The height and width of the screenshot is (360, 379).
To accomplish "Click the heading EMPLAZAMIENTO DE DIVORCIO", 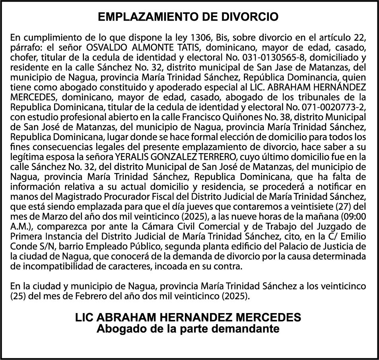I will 188,17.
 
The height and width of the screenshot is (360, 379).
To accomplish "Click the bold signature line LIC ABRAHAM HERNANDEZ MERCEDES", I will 188,317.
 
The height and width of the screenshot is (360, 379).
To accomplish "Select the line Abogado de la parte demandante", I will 188,329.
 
